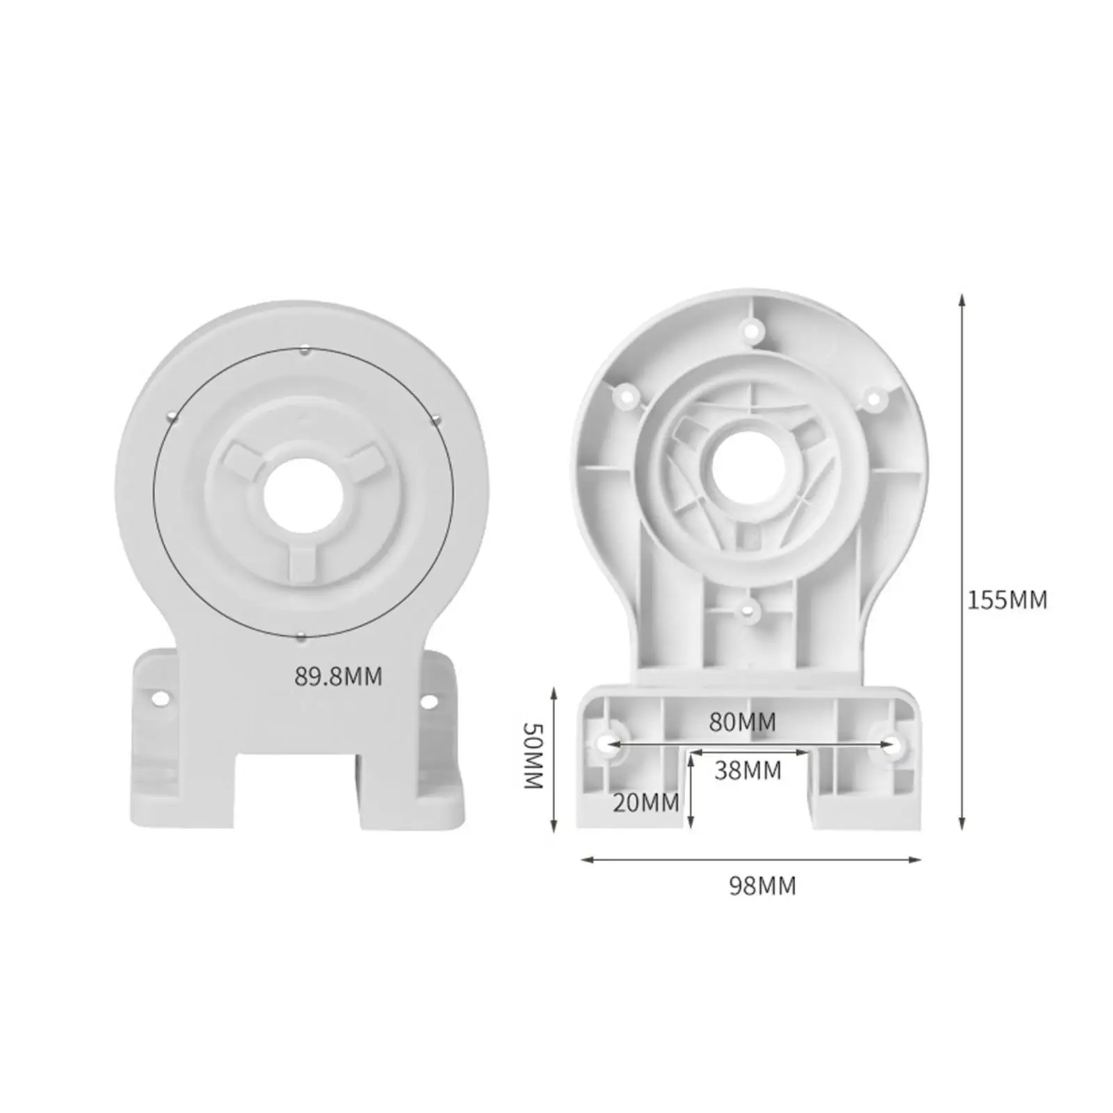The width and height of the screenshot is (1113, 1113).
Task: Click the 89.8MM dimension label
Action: coord(338,676)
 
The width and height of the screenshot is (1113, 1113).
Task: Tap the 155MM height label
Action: coord(1007,600)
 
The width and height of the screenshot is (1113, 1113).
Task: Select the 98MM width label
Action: coord(762,886)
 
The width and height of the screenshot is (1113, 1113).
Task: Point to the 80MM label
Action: coord(742,722)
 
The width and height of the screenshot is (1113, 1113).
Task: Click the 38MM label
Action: coord(748,771)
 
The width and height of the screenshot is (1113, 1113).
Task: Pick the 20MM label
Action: coord(646,803)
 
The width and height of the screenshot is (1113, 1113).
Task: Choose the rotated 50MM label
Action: coord(532,755)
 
